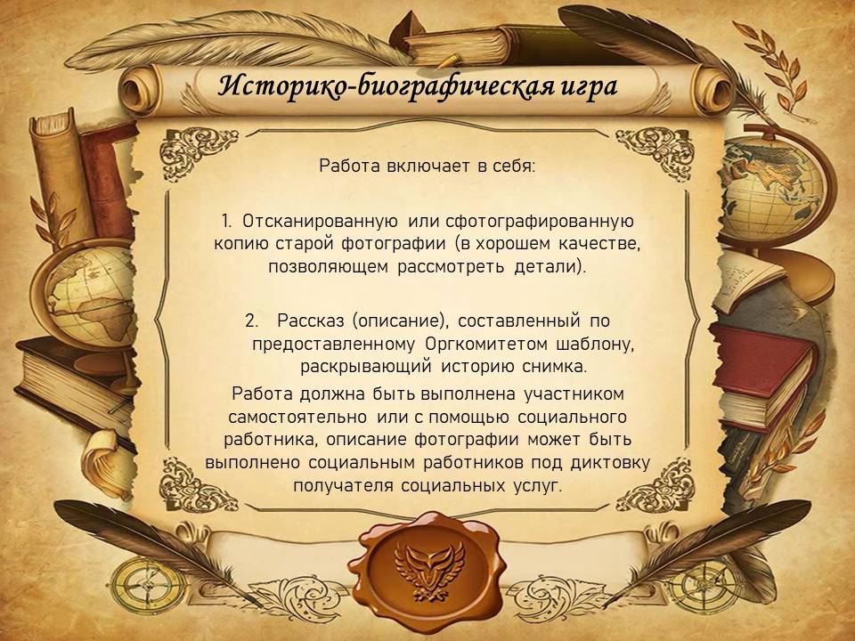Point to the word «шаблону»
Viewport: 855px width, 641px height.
(x=595, y=345)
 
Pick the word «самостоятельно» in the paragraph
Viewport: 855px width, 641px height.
(x=297, y=417)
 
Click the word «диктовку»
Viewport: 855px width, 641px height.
(x=610, y=462)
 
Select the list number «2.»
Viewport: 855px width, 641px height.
(x=251, y=320)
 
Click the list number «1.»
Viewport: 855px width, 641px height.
(x=228, y=221)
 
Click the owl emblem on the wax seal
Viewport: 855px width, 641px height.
(x=429, y=568)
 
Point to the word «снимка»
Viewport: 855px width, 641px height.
(x=554, y=366)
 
